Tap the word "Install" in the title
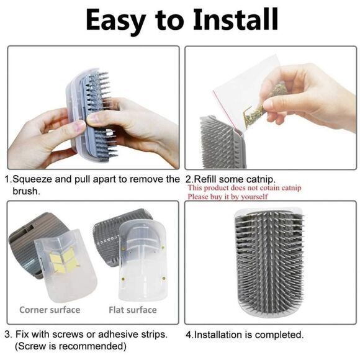pos(235,19)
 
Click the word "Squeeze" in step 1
pos(32,179)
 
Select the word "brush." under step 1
pos(26,191)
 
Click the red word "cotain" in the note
pos(268,188)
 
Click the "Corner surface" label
pos(50,310)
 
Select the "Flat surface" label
pos(133,310)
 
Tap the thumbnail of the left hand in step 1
pos(80,126)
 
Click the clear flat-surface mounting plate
pos(142,259)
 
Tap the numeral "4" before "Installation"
pos(189,335)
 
